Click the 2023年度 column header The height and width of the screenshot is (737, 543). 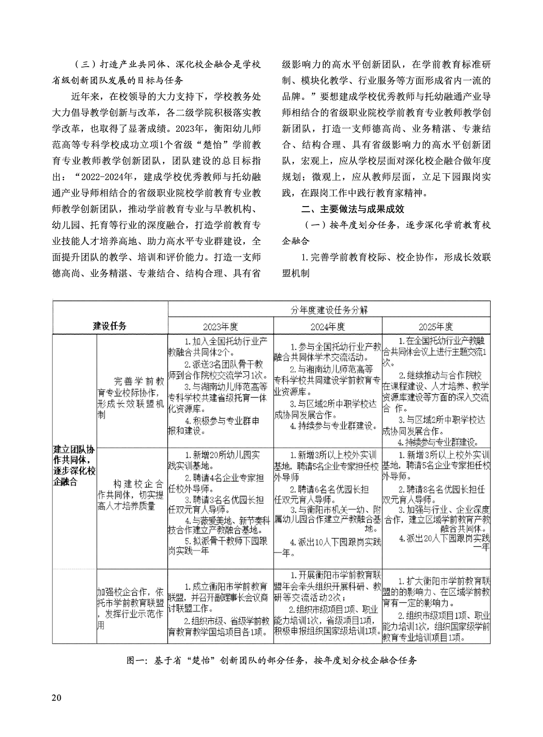pyautogui.click(x=221, y=327)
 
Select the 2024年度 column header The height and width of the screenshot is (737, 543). pyautogui.click(x=327, y=327)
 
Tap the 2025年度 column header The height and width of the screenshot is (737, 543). pyautogui.click(x=436, y=327)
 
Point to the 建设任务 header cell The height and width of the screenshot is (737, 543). pyautogui.click(x=110, y=326)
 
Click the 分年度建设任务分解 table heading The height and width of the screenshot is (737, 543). pyautogui.click(x=329, y=310)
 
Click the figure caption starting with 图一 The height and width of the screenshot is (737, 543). pyautogui.click(x=271, y=660)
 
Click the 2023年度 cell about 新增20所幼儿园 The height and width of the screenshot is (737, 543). pyautogui.click(x=221, y=503)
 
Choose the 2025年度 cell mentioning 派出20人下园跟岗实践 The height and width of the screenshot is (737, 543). pyautogui.click(x=436, y=503)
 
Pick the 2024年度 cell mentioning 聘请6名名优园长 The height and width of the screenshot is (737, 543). pyautogui.click(x=327, y=503)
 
